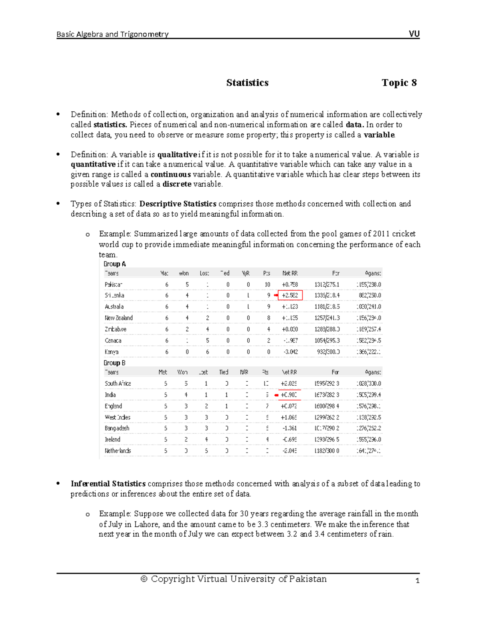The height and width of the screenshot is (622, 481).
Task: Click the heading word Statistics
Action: pyautogui.click(x=247, y=83)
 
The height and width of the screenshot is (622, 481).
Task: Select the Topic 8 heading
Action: pyautogui.click(x=399, y=83)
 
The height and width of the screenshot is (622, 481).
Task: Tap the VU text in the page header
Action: pyautogui.click(x=414, y=34)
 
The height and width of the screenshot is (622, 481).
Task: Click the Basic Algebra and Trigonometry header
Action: pyautogui.click(x=112, y=34)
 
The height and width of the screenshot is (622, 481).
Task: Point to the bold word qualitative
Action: pyautogui.click(x=177, y=155)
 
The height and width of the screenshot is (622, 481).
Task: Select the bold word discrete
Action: pyautogui.click(x=177, y=184)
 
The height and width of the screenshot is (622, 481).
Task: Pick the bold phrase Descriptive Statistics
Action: pyautogui.click(x=178, y=204)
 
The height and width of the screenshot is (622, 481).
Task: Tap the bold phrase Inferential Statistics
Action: pyautogui.click(x=108, y=484)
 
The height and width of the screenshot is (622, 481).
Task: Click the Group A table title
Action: pyautogui.click(x=115, y=264)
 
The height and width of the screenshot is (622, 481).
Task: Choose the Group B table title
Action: pyautogui.click(x=115, y=363)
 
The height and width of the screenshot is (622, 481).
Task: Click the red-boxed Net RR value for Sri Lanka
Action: pyautogui.click(x=290, y=296)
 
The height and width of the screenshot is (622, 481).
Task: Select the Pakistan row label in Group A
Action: pyautogui.click(x=113, y=284)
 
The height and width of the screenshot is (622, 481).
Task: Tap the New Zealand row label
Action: pyautogui.click(x=119, y=318)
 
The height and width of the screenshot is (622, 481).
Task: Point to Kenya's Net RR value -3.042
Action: pyautogui.click(x=290, y=352)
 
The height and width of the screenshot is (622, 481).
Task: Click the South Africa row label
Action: pyautogui.click(x=118, y=384)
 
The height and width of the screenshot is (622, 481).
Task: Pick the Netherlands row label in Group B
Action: pyautogui.click(x=118, y=451)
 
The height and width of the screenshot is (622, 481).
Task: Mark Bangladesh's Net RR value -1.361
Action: pyautogui.click(x=289, y=428)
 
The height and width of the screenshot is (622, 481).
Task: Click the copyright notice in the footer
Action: pyautogui.click(x=234, y=579)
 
